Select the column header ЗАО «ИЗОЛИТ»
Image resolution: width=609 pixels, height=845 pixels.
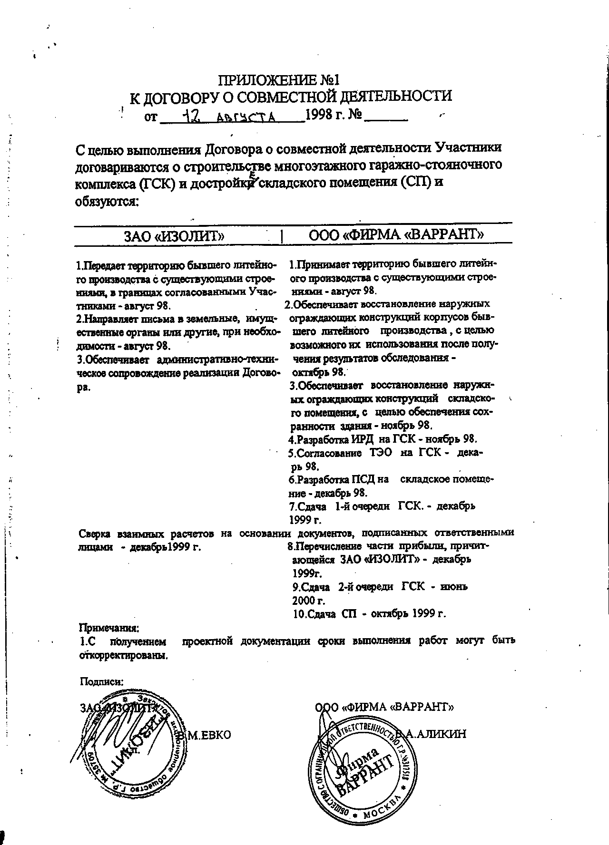(174, 235)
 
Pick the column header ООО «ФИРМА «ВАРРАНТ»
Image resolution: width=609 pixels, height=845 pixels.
(396, 234)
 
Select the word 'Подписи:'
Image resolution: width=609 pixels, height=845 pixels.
(102, 681)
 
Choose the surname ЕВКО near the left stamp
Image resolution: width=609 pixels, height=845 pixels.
(210, 735)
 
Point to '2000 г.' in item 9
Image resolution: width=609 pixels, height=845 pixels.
(309, 600)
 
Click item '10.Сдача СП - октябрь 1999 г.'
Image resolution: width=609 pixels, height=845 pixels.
(369, 613)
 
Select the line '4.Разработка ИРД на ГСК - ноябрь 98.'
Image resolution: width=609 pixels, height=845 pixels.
(383, 439)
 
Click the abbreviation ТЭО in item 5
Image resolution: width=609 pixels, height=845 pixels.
(381, 453)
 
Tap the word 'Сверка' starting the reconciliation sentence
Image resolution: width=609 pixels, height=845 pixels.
(95, 533)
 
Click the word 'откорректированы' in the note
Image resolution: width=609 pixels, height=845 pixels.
(123, 655)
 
